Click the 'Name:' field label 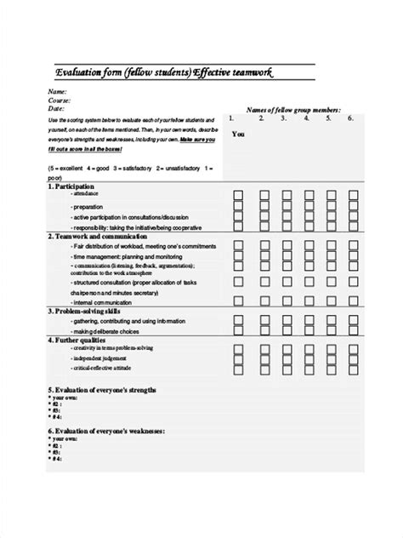[x=57, y=91]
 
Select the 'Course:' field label [x=60, y=100]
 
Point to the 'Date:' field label [x=57, y=109]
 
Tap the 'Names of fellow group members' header [x=293, y=110]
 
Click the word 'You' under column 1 [x=238, y=134]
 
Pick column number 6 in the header [x=349, y=118]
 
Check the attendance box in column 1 [x=238, y=195]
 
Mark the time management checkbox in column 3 [x=283, y=255]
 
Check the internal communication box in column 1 [x=238, y=301]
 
